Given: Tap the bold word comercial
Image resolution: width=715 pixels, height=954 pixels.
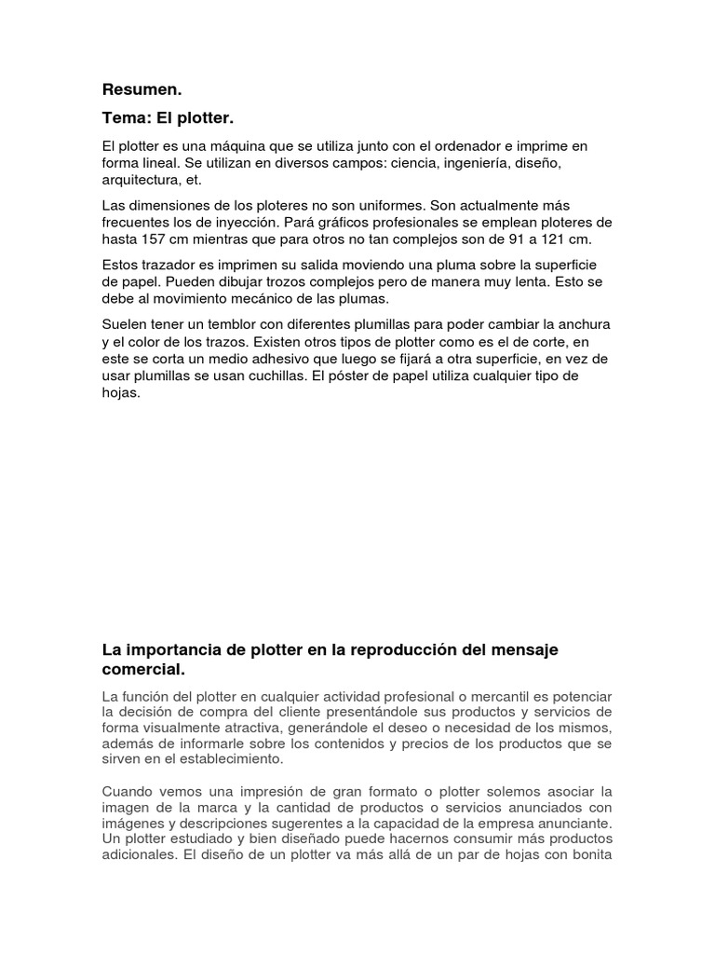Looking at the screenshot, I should point(144,669).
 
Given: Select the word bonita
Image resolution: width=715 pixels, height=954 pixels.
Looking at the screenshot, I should point(587,855).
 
